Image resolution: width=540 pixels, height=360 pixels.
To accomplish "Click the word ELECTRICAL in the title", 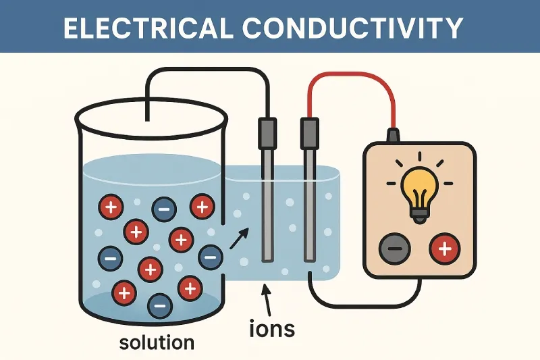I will (x=145, y=27).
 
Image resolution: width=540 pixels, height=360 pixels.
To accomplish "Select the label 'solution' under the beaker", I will (x=157, y=342).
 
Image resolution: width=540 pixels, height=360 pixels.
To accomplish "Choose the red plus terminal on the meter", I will (x=445, y=250).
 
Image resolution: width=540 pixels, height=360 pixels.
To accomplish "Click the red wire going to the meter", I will (x=351, y=76).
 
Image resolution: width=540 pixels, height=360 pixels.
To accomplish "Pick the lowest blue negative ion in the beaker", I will (x=159, y=306).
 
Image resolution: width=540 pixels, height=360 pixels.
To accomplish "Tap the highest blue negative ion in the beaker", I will (x=164, y=209).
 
